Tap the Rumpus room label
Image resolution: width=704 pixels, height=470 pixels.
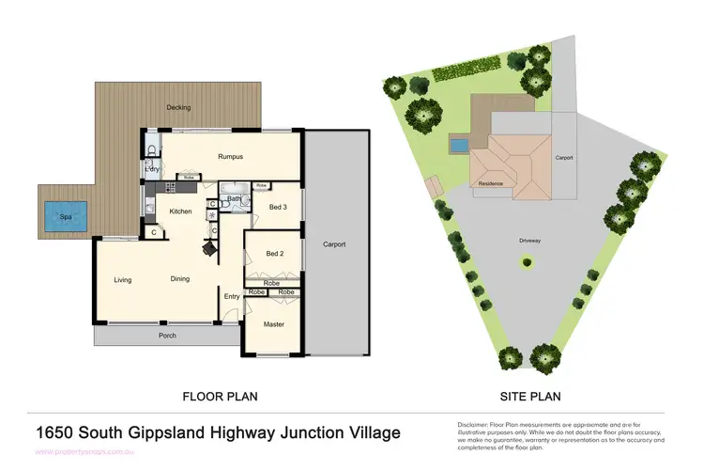tap(231, 156)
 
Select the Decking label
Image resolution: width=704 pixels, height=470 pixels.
tap(178, 108)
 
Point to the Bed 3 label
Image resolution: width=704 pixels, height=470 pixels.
tap(278, 207)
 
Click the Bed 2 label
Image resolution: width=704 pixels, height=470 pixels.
tap(274, 254)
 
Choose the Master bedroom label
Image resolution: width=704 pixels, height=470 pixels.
tap(274, 324)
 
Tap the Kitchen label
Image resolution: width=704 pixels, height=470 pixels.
tap(180, 211)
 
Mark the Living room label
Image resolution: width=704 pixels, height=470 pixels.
tap(123, 279)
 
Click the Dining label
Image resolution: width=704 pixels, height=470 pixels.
tap(180, 279)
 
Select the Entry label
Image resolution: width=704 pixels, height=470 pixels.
tap(231, 297)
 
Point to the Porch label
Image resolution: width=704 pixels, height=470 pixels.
tap(167, 335)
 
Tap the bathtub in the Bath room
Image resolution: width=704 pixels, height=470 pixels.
tap(234, 186)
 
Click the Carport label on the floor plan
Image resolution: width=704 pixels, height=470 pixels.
tap(334, 244)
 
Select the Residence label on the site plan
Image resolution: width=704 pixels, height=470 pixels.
tap(492, 183)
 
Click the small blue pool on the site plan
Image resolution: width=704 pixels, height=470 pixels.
tap(458, 146)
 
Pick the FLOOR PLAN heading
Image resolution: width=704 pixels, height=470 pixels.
tap(220, 397)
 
